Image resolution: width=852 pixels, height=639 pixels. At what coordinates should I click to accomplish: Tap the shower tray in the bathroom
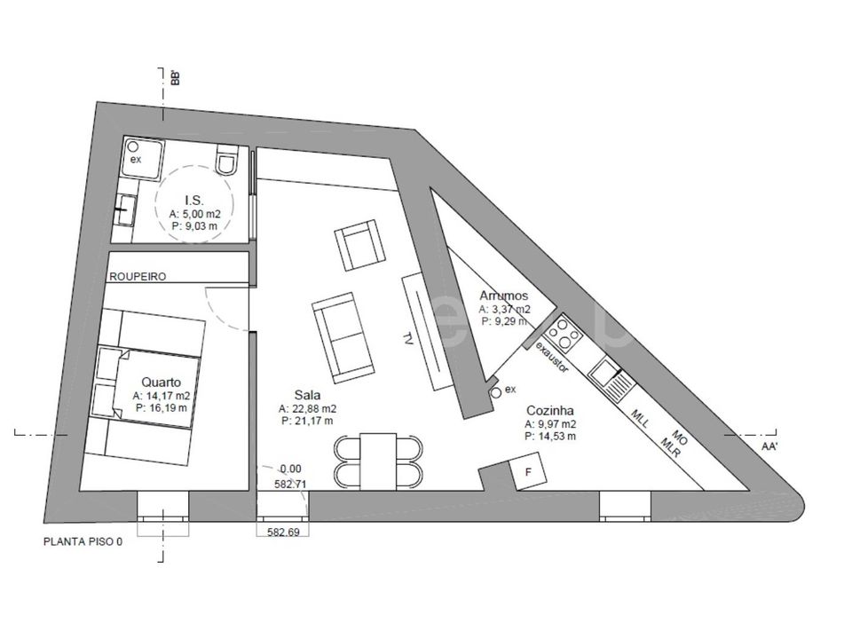pyautogui.click(x=142, y=157)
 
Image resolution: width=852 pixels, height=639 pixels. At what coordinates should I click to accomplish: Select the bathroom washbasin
pyautogui.click(x=125, y=209)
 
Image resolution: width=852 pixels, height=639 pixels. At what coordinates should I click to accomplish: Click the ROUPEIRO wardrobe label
pyautogui.click(x=138, y=277)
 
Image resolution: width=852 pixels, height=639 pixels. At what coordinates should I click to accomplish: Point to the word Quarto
pyautogui.click(x=161, y=383)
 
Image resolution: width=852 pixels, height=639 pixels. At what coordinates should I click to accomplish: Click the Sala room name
pyautogui.click(x=308, y=395)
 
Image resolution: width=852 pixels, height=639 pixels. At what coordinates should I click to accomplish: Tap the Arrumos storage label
pyautogui.click(x=504, y=296)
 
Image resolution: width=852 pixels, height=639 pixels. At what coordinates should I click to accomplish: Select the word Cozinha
pyautogui.click(x=550, y=411)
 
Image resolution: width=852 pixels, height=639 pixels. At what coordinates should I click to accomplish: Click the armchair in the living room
pyautogui.click(x=359, y=245)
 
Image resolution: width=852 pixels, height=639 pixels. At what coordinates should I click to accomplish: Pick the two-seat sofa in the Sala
pyautogui.click(x=342, y=337)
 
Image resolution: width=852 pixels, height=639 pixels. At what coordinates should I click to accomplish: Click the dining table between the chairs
pyautogui.click(x=378, y=461)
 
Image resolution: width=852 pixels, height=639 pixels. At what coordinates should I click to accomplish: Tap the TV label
pyautogui.click(x=406, y=338)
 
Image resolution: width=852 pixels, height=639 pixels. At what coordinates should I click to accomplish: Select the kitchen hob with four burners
pyautogui.click(x=565, y=333)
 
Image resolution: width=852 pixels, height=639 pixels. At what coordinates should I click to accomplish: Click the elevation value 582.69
pyautogui.click(x=283, y=532)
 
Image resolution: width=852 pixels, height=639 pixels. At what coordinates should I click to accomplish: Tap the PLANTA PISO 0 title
pyautogui.click(x=83, y=541)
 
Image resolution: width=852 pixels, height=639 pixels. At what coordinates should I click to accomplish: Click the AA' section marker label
pyautogui.click(x=769, y=446)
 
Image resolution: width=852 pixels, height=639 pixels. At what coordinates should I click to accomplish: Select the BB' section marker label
pyautogui.click(x=175, y=78)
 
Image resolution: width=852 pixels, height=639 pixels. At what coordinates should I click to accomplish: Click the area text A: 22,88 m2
pyautogui.click(x=308, y=408)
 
